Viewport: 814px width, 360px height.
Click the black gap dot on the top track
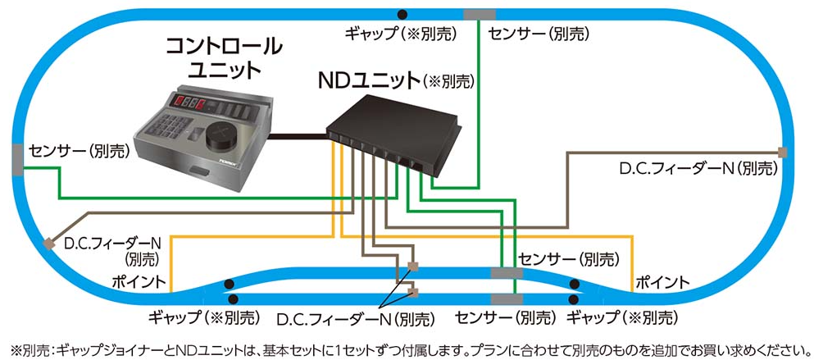click(401, 13)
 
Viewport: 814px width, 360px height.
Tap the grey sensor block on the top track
click(479, 14)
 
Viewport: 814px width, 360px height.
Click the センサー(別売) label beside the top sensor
click(538, 34)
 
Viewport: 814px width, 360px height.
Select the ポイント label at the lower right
click(662, 282)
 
